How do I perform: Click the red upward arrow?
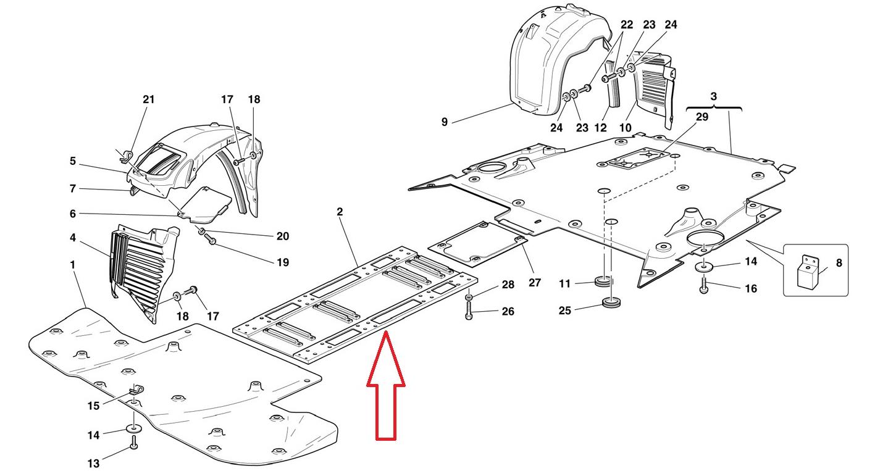click(386, 386)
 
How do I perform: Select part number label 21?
click(148, 99)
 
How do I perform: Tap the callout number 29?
click(702, 117)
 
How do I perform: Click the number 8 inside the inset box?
click(839, 263)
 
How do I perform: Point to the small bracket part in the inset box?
click(810, 272)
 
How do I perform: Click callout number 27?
click(535, 283)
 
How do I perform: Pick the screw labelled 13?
click(134, 444)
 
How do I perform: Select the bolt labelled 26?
click(469, 311)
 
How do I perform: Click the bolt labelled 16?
click(705, 285)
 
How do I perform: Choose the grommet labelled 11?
click(603, 283)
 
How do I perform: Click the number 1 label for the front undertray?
click(73, 265)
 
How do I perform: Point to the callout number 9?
click(445, 122)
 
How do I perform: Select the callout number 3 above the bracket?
click(714, 97)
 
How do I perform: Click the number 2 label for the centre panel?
click(340, 212)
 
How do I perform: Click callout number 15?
click(93, 406)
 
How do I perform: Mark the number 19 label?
click(282, 262)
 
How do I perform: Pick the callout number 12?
click(600, 128)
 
